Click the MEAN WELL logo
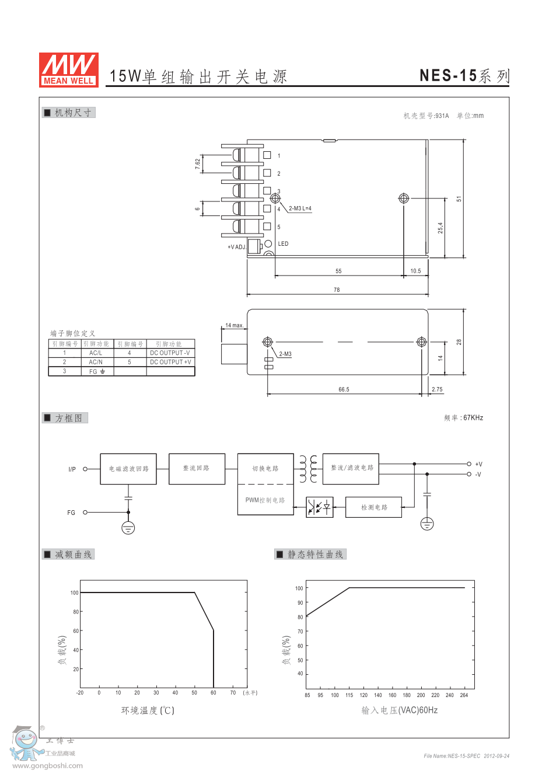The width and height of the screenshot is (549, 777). coord(68,69)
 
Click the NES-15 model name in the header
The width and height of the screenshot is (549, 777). coord(448,75)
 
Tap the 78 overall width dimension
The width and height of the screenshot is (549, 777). coord(337,290)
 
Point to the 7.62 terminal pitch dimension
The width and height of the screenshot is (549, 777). coord(198,164)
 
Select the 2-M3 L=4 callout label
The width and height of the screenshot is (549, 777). coord(300,208)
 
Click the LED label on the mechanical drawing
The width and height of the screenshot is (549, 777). coord(283,244)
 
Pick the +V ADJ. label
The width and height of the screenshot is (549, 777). coord(236,247)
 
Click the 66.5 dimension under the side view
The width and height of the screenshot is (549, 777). coord(344,389)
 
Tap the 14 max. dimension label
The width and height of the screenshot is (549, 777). coord(234,325)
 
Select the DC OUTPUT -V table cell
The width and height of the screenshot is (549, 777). coord(170,353)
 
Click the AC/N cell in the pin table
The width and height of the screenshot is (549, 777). coord(96,362)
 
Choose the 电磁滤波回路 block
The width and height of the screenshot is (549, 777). coord(128,469)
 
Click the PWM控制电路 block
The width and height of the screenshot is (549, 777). coord(265,500)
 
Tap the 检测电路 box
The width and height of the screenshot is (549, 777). coord(374,507)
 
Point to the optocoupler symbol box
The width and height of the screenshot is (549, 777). coord(320,507)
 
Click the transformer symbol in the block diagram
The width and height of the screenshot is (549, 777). coord(308,469)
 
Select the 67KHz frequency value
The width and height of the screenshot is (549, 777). coord(473,418)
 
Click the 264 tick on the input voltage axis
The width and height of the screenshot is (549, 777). coord(464,695)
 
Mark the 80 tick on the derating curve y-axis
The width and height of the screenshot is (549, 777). coord(76,612)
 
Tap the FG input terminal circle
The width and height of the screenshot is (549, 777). coord(85,513)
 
